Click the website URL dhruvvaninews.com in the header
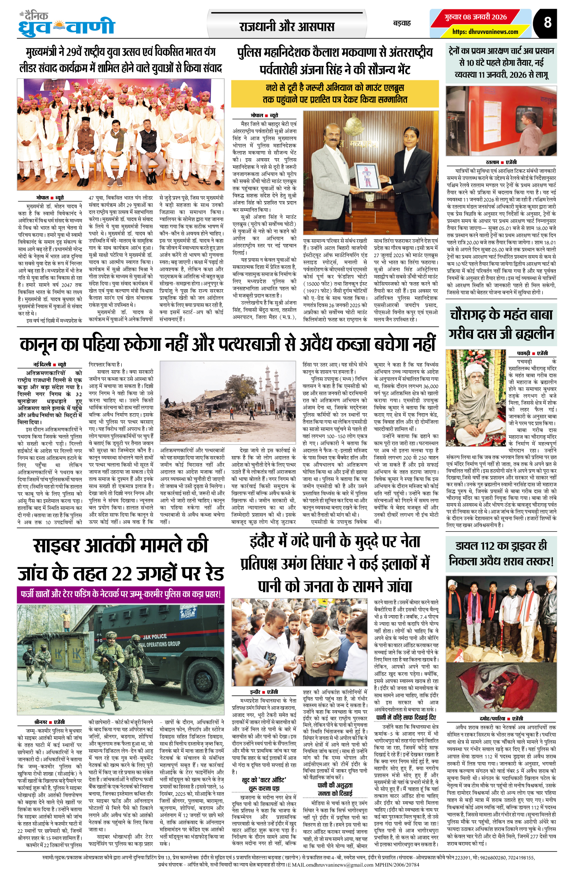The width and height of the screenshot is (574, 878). [x=485, y=32]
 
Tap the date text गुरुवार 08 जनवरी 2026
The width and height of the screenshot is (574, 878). [x=475, y=17]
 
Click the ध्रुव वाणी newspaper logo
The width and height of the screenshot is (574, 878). [x=67, y=26]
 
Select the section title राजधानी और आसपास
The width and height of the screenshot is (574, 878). [x=287, y=27]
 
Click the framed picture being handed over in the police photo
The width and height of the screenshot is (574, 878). [x=367, y=176]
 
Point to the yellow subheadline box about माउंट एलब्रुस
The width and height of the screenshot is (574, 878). [x=335, y=94]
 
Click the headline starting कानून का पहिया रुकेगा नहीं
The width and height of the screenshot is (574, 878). [x=227, y=344]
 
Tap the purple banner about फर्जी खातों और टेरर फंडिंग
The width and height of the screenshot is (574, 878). [x=120, y=594]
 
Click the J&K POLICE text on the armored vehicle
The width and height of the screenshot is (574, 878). [x=154, y=637]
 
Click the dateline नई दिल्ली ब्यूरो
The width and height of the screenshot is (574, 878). [x=50, y=365]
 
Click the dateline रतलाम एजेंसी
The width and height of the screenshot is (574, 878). [x=501, y=162]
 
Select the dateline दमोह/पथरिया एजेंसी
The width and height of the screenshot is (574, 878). [x=501, y=718]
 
